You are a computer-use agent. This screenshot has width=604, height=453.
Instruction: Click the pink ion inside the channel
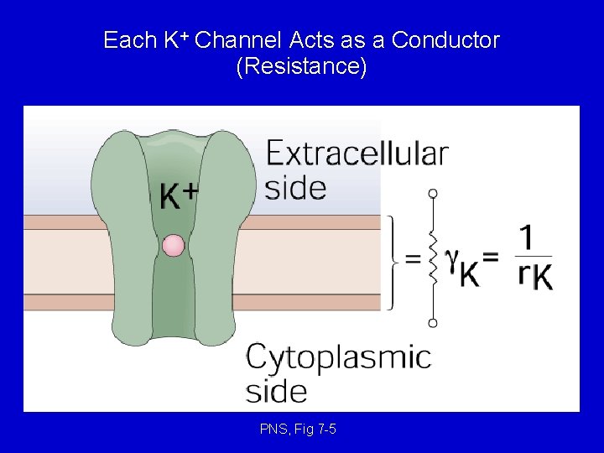(x=173, y=245)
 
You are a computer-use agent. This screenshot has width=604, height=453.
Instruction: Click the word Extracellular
(x=357, y=154)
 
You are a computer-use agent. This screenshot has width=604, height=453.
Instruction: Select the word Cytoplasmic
(x=338, y=357)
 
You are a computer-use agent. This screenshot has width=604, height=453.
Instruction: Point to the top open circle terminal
(x=433, y=193)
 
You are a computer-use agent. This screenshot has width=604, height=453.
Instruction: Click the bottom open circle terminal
(x=433, y=322)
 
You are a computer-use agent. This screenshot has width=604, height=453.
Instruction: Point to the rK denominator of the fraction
(x=535, y=276)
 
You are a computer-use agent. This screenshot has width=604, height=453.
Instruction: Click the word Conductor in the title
(x=445, y=40)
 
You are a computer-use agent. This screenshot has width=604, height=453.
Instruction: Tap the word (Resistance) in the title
(x=302, y=67)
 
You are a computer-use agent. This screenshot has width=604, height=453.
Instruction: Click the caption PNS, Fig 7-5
(x=299, y=430)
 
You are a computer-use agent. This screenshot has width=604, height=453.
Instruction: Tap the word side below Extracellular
(x=295, y=187)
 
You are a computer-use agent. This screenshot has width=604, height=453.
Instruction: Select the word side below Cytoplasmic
(x=276, y=391)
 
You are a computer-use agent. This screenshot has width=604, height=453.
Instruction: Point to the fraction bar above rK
(x=534, y=256)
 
